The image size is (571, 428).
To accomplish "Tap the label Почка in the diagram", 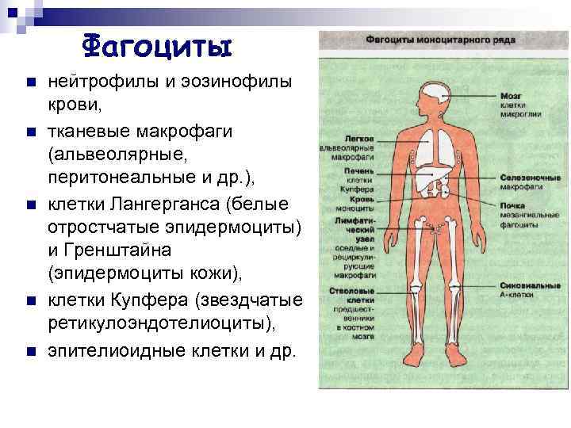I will tap(512, 206).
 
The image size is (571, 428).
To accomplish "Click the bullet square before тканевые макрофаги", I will tap(29, 131).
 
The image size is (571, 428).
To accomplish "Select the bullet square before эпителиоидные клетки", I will tap(29, 350).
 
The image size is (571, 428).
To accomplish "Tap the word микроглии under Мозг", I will tap(520, 113).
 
